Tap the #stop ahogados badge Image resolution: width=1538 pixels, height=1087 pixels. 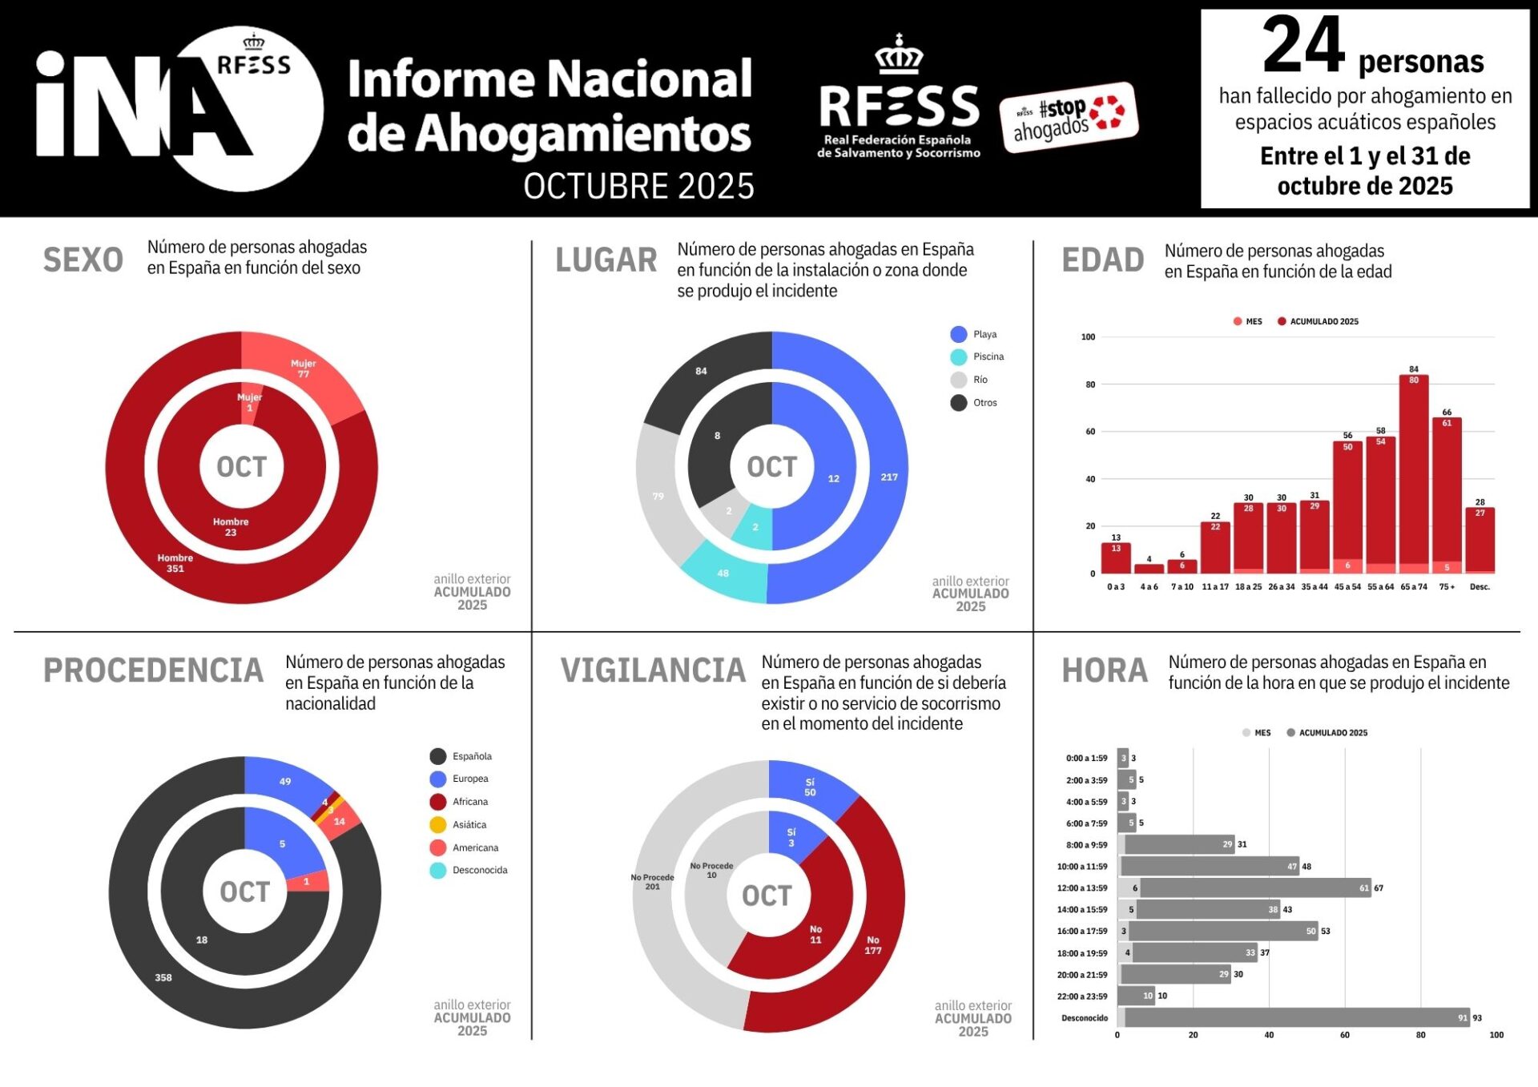[1069, 117]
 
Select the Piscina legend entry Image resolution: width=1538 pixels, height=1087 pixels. [978, 357]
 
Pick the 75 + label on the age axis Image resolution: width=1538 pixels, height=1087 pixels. [1447, 587]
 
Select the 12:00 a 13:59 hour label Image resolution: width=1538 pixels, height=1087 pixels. [1082, 888]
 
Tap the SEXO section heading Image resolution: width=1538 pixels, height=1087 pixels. [83, 260]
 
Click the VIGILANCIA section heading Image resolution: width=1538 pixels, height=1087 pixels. [653, 670]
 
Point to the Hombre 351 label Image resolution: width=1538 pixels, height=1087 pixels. [175, 563]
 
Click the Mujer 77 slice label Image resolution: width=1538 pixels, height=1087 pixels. [303, 368]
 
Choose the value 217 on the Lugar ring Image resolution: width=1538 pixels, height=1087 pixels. [889, 477]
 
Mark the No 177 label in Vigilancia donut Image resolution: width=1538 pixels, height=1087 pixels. [873, 945]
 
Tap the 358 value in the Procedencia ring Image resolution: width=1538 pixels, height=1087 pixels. [163, 978]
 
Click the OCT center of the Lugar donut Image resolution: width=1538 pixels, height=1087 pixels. [771, 467]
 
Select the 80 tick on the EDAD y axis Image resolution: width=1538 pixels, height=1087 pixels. [1090, 384]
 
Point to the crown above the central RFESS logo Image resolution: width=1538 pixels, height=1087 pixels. [899, 54]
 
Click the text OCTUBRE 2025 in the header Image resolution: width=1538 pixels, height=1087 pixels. [638, 187]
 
